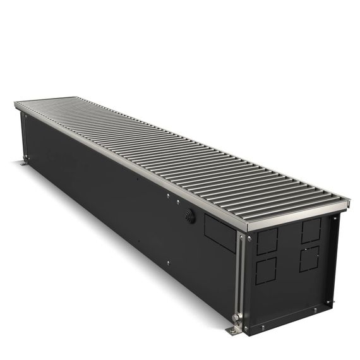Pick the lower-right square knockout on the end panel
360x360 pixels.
[309, 259]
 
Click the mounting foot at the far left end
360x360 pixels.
[23, 165]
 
